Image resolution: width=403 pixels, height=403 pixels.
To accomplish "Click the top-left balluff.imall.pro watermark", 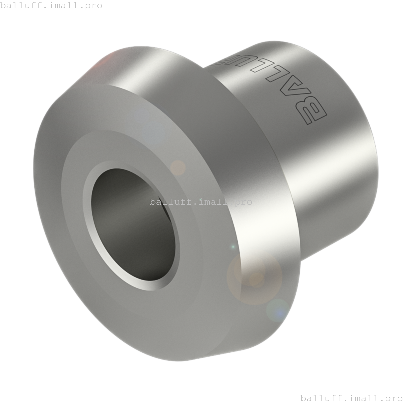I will click(51, 5).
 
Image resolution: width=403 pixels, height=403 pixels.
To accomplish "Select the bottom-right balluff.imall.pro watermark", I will click(351, 398).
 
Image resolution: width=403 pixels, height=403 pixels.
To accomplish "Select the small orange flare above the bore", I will click(178, 167).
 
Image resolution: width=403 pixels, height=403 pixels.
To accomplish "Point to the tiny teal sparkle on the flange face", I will click(233, 247).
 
